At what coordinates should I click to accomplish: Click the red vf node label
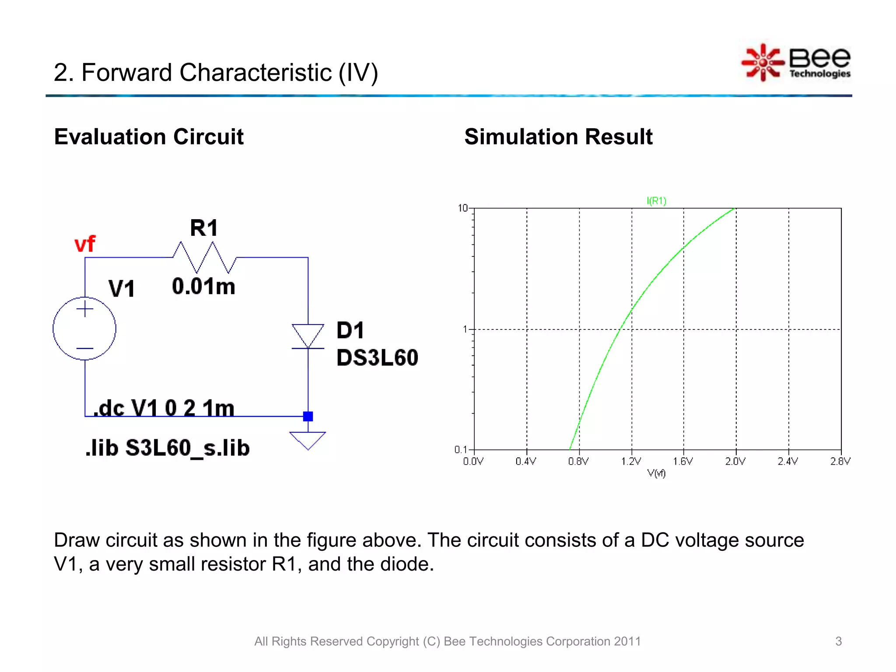pyautogui.click(x=84, y=244)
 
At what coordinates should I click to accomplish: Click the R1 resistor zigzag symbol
pyautogui.click(x=204, y=258)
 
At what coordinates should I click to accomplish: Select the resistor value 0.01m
pyautogui.click(x=203, y=287)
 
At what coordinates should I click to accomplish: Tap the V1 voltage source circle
pyautogui.click(x=84, y=329)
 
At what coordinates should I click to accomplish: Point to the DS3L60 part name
pyautogui.click(x=377, y=358)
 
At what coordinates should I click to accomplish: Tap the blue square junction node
pyautogui.click(x=308, y=416)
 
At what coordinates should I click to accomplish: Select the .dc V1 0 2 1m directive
pyautogui.click(x=164, y=408)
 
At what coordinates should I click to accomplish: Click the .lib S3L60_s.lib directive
pyautogui.click(x=168, y=448)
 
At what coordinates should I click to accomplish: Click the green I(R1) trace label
pyautogui.click(x=656, y=201)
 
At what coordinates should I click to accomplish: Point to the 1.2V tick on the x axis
pyautogui.click(x=631, y=461)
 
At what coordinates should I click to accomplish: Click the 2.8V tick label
pyautogui.click(x=840, y=461)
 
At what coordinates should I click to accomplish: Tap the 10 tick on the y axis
pyautogui.click(x=463, y=208)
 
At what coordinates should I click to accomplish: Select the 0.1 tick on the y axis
pyautogui.click(x=461, y=450)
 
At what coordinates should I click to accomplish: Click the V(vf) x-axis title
pyautogui.click(x=656, y=473)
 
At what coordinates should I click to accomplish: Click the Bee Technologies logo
pyautogui.click(x=796, y=63)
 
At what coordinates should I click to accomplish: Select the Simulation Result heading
pyautogui.click(x=558, y=137)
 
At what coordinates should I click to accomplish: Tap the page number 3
pyautogui.click(x=838, y=641)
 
